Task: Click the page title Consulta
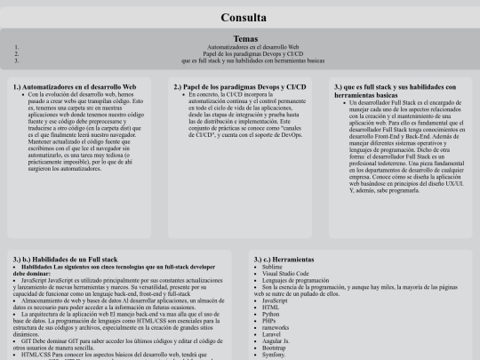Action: tap(240, 17)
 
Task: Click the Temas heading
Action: tap(240, 38)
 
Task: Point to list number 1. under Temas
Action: tap(17, 47)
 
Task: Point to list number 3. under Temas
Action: tap(17, 61)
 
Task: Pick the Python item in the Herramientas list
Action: tap(274, 315)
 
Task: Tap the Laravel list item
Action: tap(275, 335)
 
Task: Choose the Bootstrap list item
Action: tap(277, 349)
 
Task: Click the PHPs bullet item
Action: tap(272, 322)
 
